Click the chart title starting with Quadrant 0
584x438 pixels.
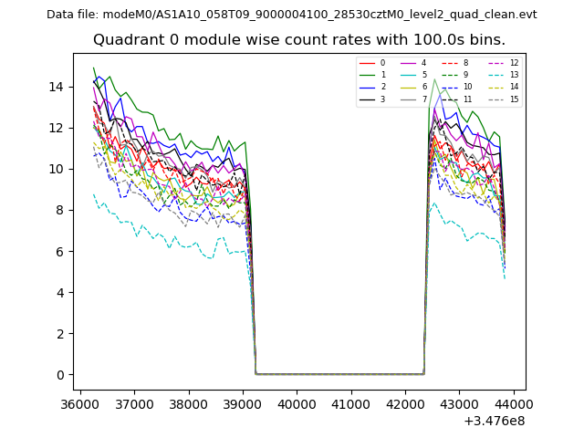299,40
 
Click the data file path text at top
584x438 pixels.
292,14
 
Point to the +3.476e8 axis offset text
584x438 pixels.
495,421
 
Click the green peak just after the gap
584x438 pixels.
435,79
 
